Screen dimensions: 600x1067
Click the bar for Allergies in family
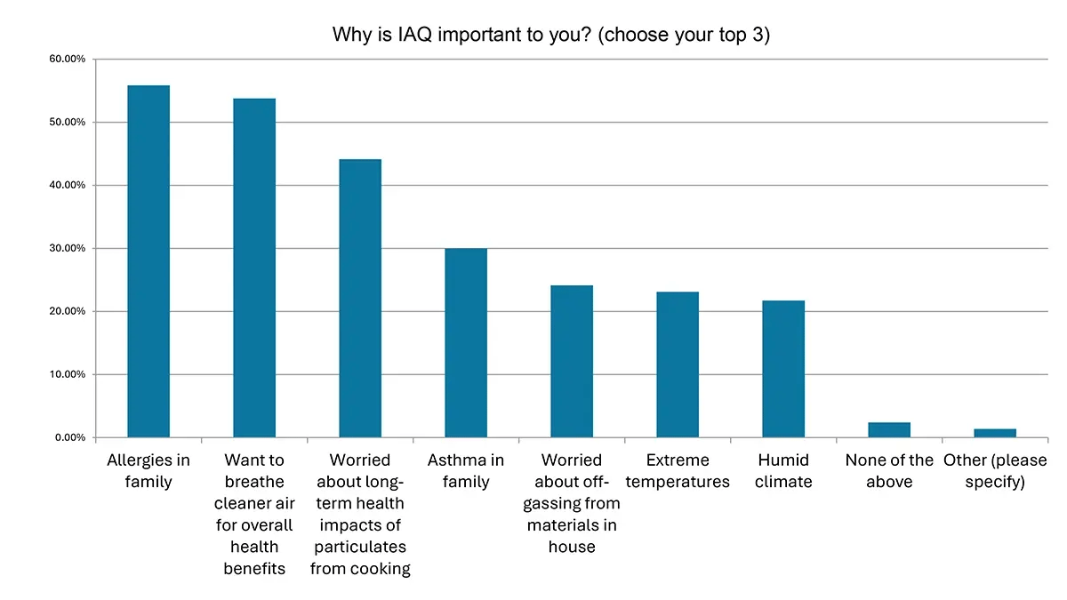click(x=148, y=261)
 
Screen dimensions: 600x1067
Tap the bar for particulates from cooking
click(x=360, y=298)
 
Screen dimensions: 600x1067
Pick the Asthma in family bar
click(x=466, y=342)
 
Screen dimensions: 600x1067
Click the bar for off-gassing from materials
click(x=572, y=361)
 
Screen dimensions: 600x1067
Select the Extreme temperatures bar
click(x=678, y=364)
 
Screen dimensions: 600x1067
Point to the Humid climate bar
click(x=783, y=369)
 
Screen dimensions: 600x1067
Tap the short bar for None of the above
click(x=889, y=430)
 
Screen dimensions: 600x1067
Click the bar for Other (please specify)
click(x=995, y=433)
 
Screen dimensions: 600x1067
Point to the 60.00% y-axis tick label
click(x=67, y=59)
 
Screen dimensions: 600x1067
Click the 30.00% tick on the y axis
click(x=67, y=248)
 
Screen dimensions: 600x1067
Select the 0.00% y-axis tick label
click(x=69, y=437)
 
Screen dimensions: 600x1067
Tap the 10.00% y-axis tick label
click(x=67, y=374)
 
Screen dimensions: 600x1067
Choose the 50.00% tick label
click(x=67, y=122)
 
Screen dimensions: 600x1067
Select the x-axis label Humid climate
click(x=783, y=471)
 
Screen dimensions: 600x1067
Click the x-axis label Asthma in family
click(x=466, y=471)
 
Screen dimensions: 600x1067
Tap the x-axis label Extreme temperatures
click(x=678, y=471)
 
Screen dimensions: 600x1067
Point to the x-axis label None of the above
click(x=889, y=471)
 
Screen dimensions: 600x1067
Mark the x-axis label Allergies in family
click(x=148, y=471)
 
